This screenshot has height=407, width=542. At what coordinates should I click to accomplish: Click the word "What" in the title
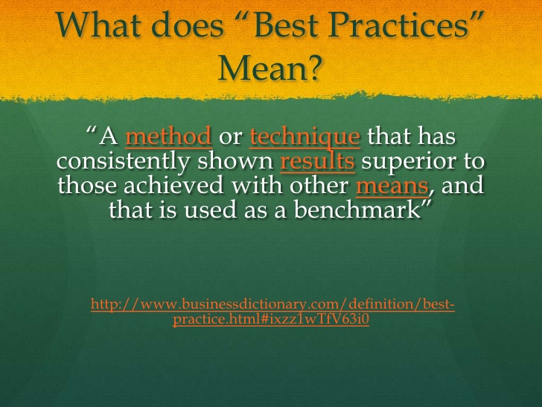[98, 25]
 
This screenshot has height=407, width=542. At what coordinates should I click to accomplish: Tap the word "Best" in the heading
[286, 25]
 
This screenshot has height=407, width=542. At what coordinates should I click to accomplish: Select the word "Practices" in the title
[398, 25]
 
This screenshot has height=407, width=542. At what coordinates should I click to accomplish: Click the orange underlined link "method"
[168, 136]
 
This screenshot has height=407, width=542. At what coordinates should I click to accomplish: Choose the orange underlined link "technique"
[305, 136]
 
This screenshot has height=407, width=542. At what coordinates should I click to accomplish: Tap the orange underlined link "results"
[317, 161]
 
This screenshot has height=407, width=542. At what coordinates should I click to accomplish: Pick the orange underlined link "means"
[392, 186]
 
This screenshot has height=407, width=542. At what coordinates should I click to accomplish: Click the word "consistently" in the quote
[123, 161]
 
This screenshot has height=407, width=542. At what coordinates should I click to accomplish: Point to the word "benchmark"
[357, 209]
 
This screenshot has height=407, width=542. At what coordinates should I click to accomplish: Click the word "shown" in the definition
[236, 161]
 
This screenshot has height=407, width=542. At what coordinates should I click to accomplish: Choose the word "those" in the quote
[87, 185]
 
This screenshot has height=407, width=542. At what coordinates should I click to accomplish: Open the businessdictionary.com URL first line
[272, 304]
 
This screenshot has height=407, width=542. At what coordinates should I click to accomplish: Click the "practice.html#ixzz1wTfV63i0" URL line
[271, 319]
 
